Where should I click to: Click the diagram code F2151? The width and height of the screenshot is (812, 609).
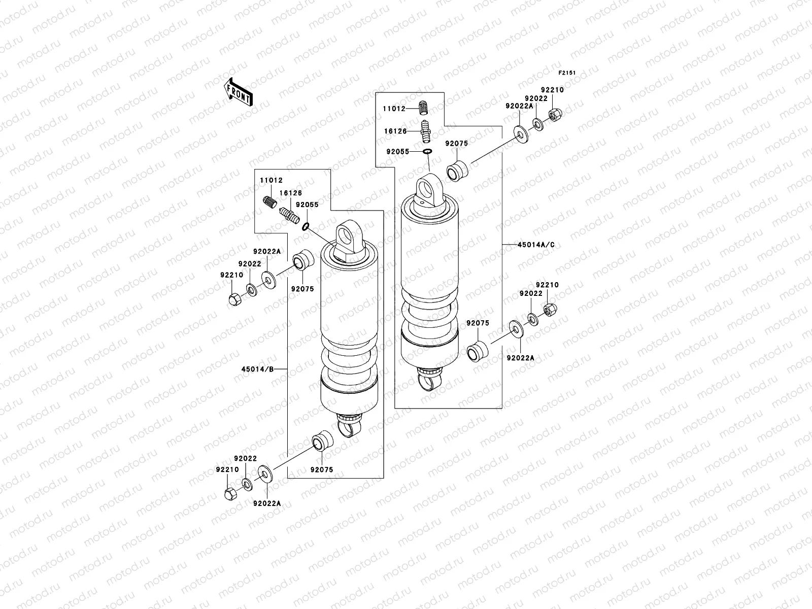pyautogui.click(x=567, y=73)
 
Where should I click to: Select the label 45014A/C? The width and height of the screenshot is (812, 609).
pyautogui.click(x=536, y=245)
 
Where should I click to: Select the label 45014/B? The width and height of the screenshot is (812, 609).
pyautogui.click(x=261, y=369)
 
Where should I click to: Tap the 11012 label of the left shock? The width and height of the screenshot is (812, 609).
pyautogui.click(x=272, y=180)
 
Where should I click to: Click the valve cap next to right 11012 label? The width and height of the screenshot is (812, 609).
pyautogui.click(x=424, y=107)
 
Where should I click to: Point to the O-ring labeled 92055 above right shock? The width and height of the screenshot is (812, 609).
pyautogui.click(x=427, y=151)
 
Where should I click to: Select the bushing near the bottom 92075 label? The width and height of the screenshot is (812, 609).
pyautogui.click(x=321, y=441)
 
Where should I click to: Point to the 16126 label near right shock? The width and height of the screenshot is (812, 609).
pyautogui.click(x=395, y=131)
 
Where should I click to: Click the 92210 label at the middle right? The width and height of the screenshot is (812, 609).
pyautogui.click(x=547, y=285)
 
